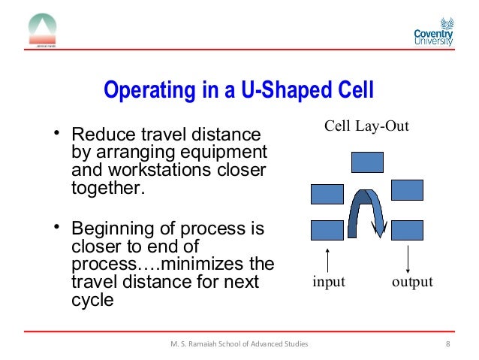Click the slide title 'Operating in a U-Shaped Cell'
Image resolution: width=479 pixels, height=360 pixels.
coord(239,91)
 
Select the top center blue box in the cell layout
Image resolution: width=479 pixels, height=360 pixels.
coord(366,162)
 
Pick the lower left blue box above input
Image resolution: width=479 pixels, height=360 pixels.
coord(327,230)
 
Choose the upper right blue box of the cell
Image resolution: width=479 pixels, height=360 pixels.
coord(407,190)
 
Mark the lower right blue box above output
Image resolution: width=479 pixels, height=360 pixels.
coord(407,229)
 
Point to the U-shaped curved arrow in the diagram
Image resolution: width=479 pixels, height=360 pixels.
coord(367,210)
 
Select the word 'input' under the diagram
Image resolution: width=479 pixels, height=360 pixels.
coord(328,283)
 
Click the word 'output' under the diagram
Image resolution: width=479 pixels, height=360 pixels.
coord(412,283)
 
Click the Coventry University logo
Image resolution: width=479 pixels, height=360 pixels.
coord(433,32)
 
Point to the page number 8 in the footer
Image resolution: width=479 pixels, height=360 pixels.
coord(447,344)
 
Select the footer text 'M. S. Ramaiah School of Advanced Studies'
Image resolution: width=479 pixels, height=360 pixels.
coord(239,344)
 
